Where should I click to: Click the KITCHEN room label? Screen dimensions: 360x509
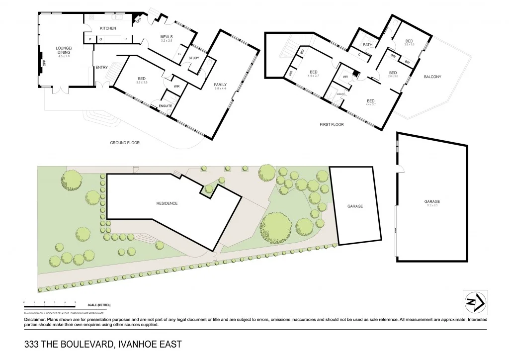pyautogui.click(x=107, y=28)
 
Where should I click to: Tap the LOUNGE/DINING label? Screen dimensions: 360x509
pyautogui.click(x=64, y=50)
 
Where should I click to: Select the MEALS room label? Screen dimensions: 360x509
pyautogui.click(x=166, y=37)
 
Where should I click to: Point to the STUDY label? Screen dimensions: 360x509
pyautogui.click(x=193, y=58)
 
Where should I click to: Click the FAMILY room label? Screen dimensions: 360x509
pyautogui.click(x=220, y=84)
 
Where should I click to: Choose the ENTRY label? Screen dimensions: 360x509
pyautogui.click(x=101, y=68)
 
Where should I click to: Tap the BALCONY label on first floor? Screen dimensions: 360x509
pyautogui.click(x=432, y=77)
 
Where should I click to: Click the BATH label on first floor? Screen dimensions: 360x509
pyautogui.click(x=367, y=45)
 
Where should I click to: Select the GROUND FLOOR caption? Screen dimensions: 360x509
pyautogui.click(x=125, y=143)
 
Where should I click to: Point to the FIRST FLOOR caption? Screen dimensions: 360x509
pyautogui.click(x=332, y=125)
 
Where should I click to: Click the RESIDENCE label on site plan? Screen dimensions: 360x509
pyautogui.click(x=167, y=203)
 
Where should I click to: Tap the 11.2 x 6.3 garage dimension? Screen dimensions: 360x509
pyautogui.click(x=432, y=205)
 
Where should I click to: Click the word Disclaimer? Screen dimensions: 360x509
pyautogui.click(x=34, y=320)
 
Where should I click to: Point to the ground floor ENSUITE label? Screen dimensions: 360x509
pyautogui.click(x=165, y=106)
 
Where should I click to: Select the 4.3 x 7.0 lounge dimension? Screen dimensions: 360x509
pyautogui.click(x=64, y=56)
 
